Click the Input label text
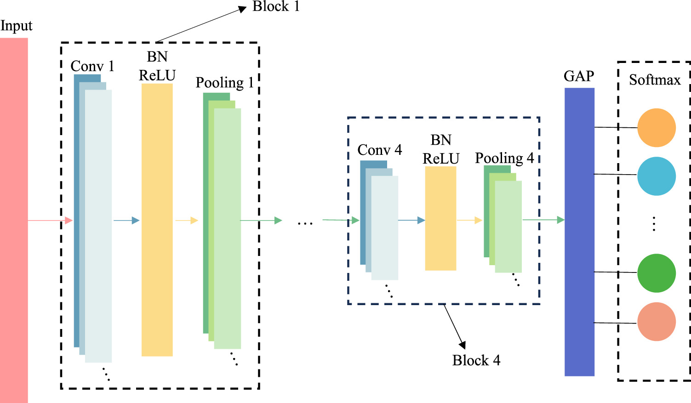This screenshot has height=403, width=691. (16, 26)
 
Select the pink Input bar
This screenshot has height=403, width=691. (14, 221)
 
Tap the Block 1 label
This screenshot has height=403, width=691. (276, 6)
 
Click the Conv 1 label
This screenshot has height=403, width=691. (92, 66)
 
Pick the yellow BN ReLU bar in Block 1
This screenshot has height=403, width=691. (157, 220)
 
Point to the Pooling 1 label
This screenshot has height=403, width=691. (224, 83)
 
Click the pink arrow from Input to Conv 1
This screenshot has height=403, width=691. (50, 221)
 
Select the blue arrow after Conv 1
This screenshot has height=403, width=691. (126, 221)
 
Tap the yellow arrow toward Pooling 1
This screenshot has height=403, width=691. (187, 221)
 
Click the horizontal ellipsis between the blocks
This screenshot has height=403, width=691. (305, 223)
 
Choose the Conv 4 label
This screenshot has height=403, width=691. (379, 150)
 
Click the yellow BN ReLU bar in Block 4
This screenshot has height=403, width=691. (440, 218)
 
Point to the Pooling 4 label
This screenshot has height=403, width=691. (504, 158)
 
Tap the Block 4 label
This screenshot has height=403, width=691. (476, 360)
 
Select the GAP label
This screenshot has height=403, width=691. (579, 76)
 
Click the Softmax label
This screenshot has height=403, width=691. (655, 80)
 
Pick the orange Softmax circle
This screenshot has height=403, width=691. (656, 128)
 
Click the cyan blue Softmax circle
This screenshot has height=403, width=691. (656, 176)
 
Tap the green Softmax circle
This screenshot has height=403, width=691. (656, 273)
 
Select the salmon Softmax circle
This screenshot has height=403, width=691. (656, 322)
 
